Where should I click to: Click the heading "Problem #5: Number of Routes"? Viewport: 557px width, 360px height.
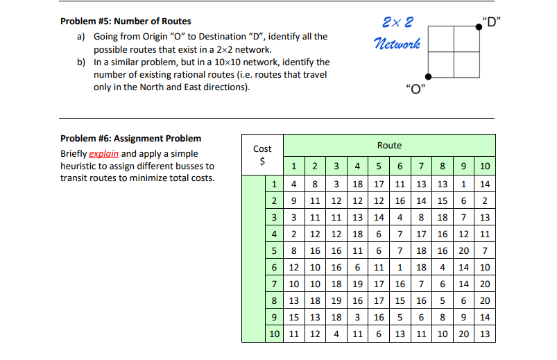126,22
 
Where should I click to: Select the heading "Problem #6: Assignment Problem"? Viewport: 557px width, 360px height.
130,138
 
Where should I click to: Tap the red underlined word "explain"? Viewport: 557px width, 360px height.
104,153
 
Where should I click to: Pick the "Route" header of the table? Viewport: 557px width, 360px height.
389,145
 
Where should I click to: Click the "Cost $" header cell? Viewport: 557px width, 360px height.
262,155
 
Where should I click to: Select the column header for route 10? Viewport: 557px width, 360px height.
485,166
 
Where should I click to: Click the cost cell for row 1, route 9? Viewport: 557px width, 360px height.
463,184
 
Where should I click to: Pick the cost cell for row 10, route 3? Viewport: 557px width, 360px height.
336,334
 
